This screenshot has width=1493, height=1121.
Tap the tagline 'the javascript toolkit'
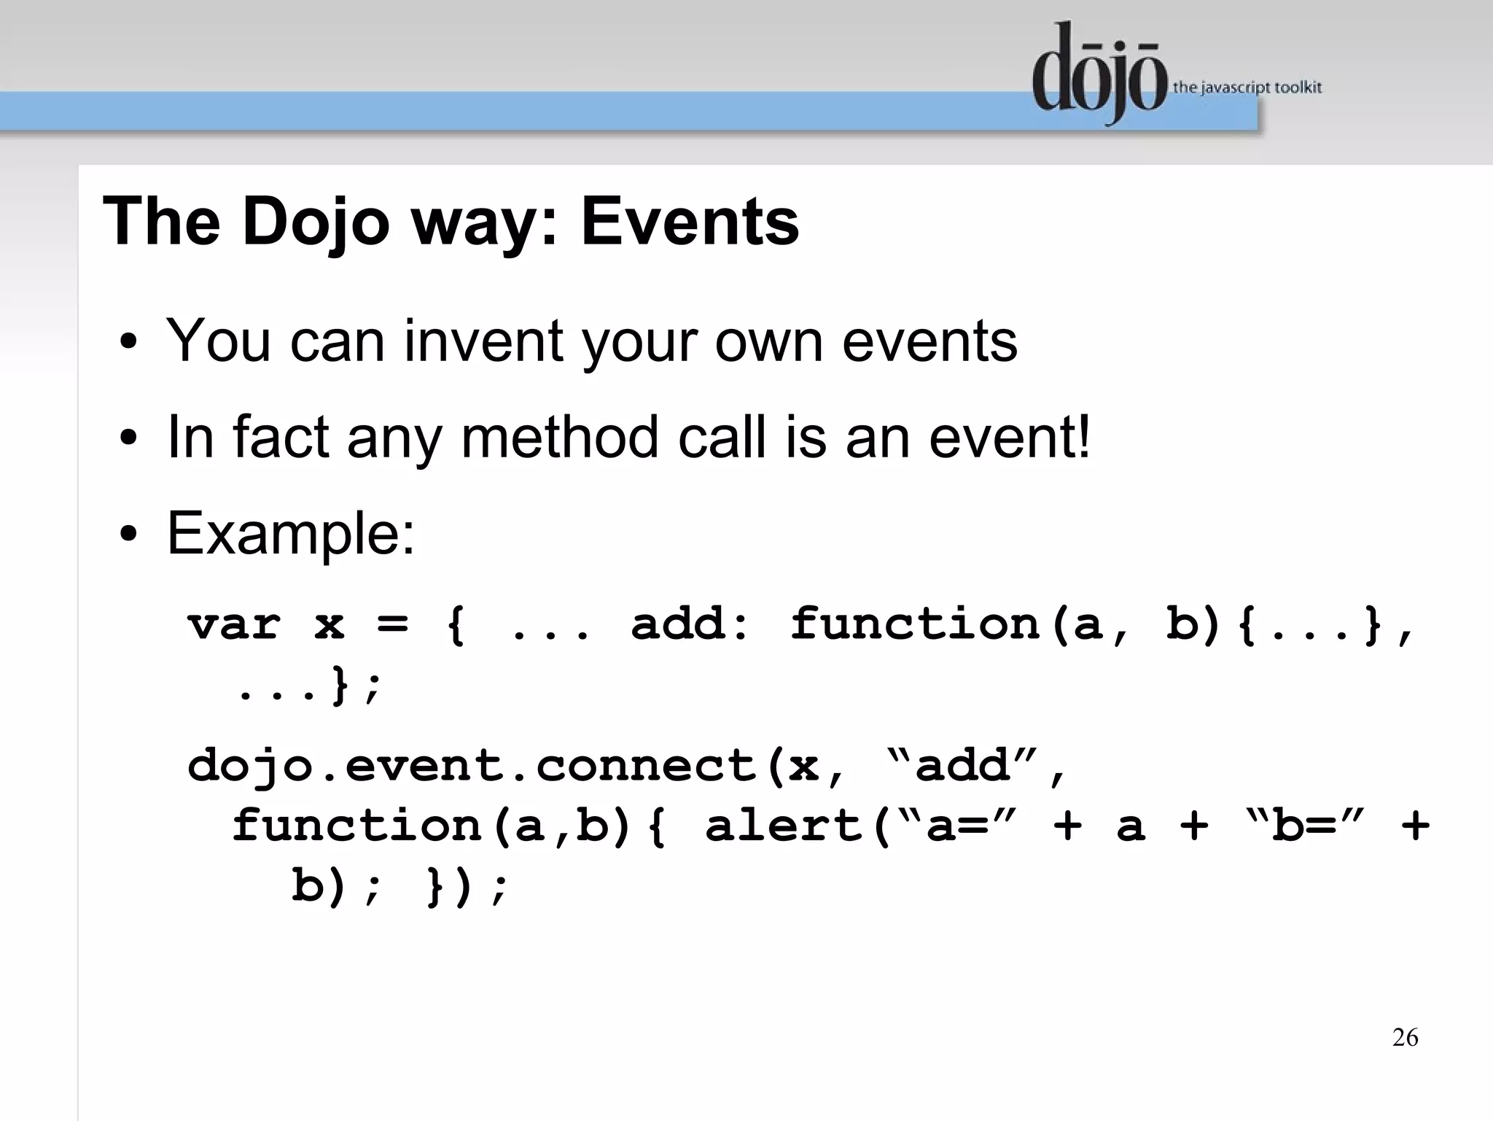click(x=1247, y=88)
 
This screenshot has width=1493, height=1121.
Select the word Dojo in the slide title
click(x=316, y=222)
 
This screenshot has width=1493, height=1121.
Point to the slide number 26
click(x=1405, y=1037)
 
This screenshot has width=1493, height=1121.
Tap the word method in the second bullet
click(x=560, y=437)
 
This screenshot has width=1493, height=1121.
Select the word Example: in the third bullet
click(x=291, y=533)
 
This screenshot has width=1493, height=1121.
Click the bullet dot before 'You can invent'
click(x=129, y=343)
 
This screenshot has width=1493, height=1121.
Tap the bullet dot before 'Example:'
click(x=129, y=535)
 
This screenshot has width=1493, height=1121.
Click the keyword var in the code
click(x=233, y=624)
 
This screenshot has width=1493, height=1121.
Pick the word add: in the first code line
click(x=690, y=624)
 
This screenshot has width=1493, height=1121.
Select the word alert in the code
click(x=784, y=826)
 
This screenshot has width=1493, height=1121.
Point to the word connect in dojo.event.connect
click(x=646, y=766)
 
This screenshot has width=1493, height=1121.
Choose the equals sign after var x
click(x=392, y=624)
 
